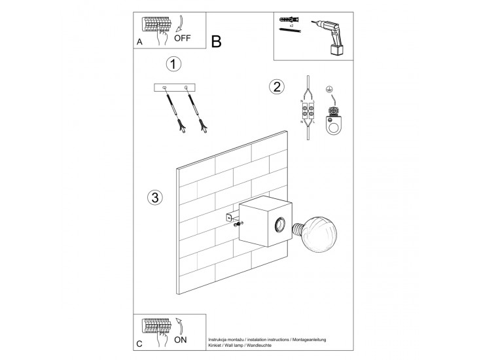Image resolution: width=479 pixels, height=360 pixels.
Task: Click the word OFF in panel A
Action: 183,38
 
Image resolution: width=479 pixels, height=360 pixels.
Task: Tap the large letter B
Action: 217,41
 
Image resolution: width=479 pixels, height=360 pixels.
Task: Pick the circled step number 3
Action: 154,196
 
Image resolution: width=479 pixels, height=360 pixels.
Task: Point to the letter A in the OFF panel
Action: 139,42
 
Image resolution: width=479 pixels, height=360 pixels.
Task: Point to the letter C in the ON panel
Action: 139,344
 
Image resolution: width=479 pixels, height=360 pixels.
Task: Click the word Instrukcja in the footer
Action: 220,340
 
